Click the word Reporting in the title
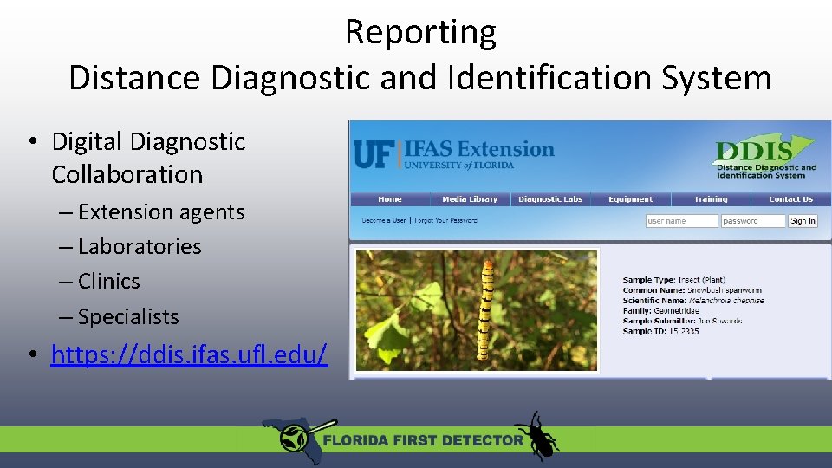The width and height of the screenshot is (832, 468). click(420, 32)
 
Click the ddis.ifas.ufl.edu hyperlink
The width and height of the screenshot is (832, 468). click(189, 354)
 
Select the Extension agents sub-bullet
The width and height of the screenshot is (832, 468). click(161, 211)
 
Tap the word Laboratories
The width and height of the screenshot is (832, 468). click(140, 246)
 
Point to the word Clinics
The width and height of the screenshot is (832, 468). click(108, 281)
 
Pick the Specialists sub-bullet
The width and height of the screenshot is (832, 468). click(128, 316)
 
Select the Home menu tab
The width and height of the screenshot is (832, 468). click(390, 199)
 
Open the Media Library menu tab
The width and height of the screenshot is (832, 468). click(470, 199)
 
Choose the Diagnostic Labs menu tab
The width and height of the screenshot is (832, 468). click(550, 199)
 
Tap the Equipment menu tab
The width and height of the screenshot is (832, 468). click(630, 199)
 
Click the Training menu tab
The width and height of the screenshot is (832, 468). click(711, 199)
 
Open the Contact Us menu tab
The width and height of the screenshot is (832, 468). click(790, 199)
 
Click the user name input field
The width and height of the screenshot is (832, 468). click(681, 221)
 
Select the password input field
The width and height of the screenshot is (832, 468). click(752, 221)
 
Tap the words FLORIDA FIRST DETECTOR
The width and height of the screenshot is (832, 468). click(423, 439)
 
